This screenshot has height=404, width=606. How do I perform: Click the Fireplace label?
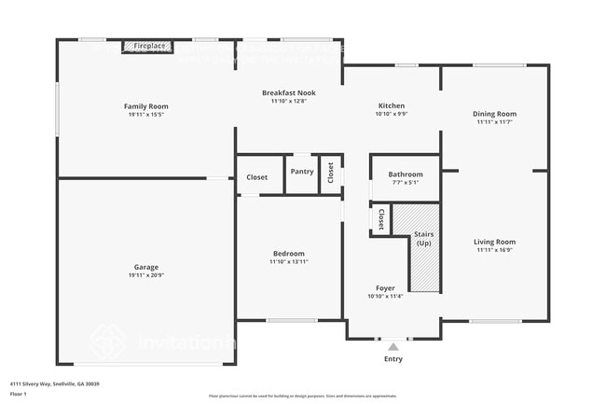[x=149, y=46]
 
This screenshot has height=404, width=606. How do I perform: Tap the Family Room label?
[x=146, y=106]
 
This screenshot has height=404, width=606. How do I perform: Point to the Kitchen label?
[x=391, y=105]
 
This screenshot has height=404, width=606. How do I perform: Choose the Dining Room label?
[x=494, y=114]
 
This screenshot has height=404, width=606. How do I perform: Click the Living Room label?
[x=494, y=242]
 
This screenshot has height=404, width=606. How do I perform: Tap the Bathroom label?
[x=406, y=174]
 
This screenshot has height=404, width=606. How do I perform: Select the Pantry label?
[x=301, y=172]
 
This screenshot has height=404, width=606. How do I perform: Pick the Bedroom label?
[x=288, y=254]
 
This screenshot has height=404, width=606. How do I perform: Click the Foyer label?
[x=385, y=288]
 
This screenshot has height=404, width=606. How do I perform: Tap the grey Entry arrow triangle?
[x=393, y=347]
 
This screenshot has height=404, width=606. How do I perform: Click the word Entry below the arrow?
[x=393, y=358]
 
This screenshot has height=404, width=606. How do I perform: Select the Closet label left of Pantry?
[x=257, y=176]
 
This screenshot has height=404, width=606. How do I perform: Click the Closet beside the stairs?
[x=381, y=219]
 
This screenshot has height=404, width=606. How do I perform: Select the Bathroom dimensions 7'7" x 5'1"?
[x=406, y=183]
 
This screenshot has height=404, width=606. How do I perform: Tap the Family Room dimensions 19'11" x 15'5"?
[x=146, y=115]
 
